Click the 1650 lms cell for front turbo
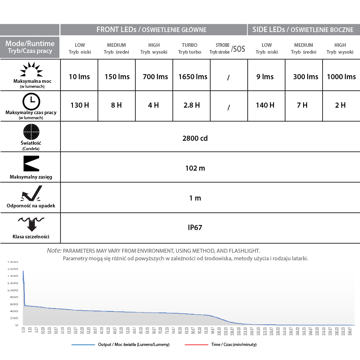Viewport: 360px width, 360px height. point(193,77)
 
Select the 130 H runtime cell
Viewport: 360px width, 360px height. point(80,105)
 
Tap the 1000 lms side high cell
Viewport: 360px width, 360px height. point(341,77)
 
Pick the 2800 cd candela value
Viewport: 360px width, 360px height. point(195,138)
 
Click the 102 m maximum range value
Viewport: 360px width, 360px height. point(195,168)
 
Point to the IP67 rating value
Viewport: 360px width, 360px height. point(195,228)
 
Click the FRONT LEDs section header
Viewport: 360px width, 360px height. point(151,30)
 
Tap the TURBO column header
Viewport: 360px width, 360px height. point(190,48)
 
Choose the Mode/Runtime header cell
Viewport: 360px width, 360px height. point(30,47)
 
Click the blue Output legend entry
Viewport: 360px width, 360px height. point(120,345)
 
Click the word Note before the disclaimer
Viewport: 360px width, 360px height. point(54,251)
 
